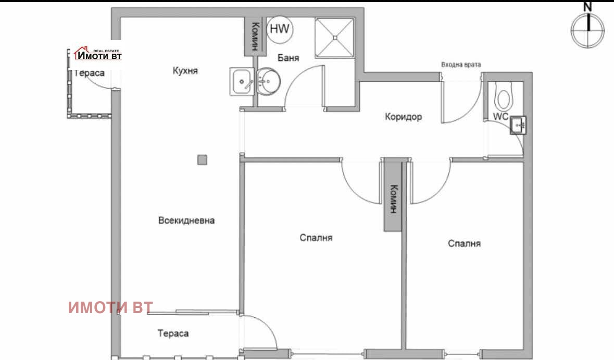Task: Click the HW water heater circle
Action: [280, 29]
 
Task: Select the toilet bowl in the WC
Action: [504, 97]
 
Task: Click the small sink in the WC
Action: [518, 125]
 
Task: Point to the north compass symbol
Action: [588, 29]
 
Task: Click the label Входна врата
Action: [461, 65]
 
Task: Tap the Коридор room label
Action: [403, 117]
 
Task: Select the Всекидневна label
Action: [186, 220]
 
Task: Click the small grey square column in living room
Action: [202, 160]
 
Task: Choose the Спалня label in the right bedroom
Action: [464, 243]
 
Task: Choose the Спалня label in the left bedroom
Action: [316, 238]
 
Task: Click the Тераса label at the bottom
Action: [173, 333]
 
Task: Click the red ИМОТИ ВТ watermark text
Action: [110, 307]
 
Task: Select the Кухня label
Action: [185, 71]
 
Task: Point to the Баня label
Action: [288, 58]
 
